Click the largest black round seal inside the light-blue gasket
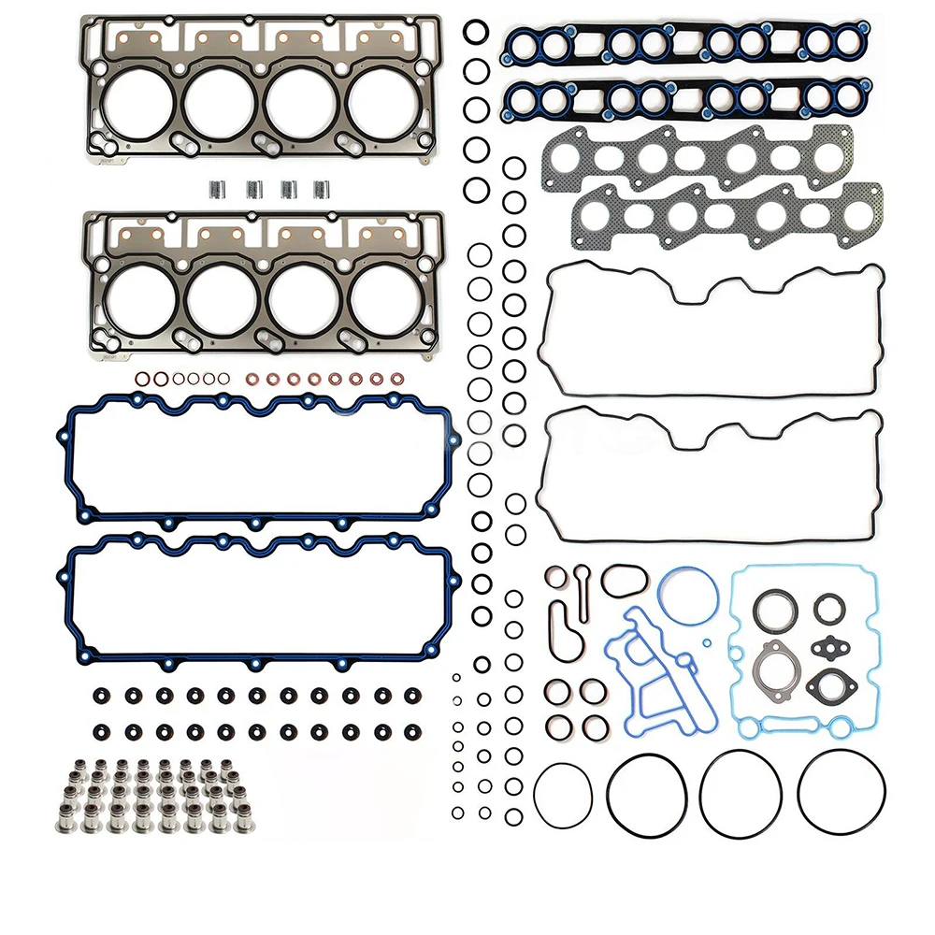point(774,610)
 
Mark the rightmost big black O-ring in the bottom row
point(841,795)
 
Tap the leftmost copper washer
point(141,379)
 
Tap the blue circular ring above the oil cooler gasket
point(687,596)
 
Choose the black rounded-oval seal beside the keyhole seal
point(624,580)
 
